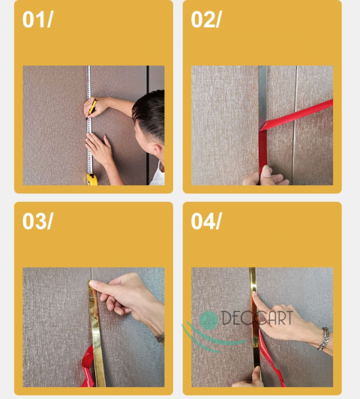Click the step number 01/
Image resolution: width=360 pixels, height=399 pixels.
point(37,19)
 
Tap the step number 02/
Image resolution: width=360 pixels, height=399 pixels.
point(206,19)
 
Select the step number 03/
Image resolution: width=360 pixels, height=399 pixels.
point(37,221)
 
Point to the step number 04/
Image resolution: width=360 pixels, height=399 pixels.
point(206,221)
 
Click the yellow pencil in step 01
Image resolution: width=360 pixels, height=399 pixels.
point(92,108)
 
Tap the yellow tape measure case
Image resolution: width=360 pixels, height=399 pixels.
point(92,179)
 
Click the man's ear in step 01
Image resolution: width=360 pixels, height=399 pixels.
point(157,150)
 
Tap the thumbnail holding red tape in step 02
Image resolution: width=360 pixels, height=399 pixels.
point(267,171)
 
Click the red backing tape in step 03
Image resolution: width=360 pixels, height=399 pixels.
point(88,367)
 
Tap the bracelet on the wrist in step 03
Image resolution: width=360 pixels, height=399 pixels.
point(160,337)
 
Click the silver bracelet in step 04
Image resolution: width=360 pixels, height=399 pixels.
point(324,339)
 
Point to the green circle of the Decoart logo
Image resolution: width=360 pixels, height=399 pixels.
point(208,320)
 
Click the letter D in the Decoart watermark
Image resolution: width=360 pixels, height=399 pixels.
point(226,318)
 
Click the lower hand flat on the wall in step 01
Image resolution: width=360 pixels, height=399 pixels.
point(100,148)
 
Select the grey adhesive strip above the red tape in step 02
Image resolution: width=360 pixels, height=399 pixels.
point(262,97)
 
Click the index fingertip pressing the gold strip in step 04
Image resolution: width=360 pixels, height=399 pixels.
point(254,294)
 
